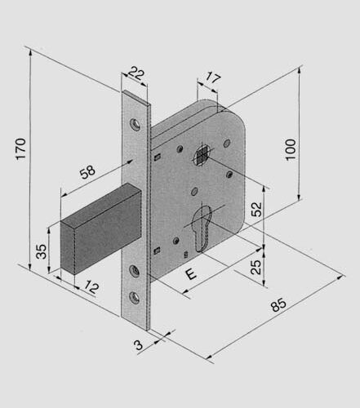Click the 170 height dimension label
point(20,149)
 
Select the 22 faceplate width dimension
point(136,73)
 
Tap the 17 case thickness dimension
point(212,78)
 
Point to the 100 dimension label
point(291,149)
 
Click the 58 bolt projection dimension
point(87,172)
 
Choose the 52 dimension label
point(256,209)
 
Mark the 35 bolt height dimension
point(42,251)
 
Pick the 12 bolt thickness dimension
point(91,287)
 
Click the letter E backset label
point(191,274)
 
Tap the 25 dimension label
point(256,267)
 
